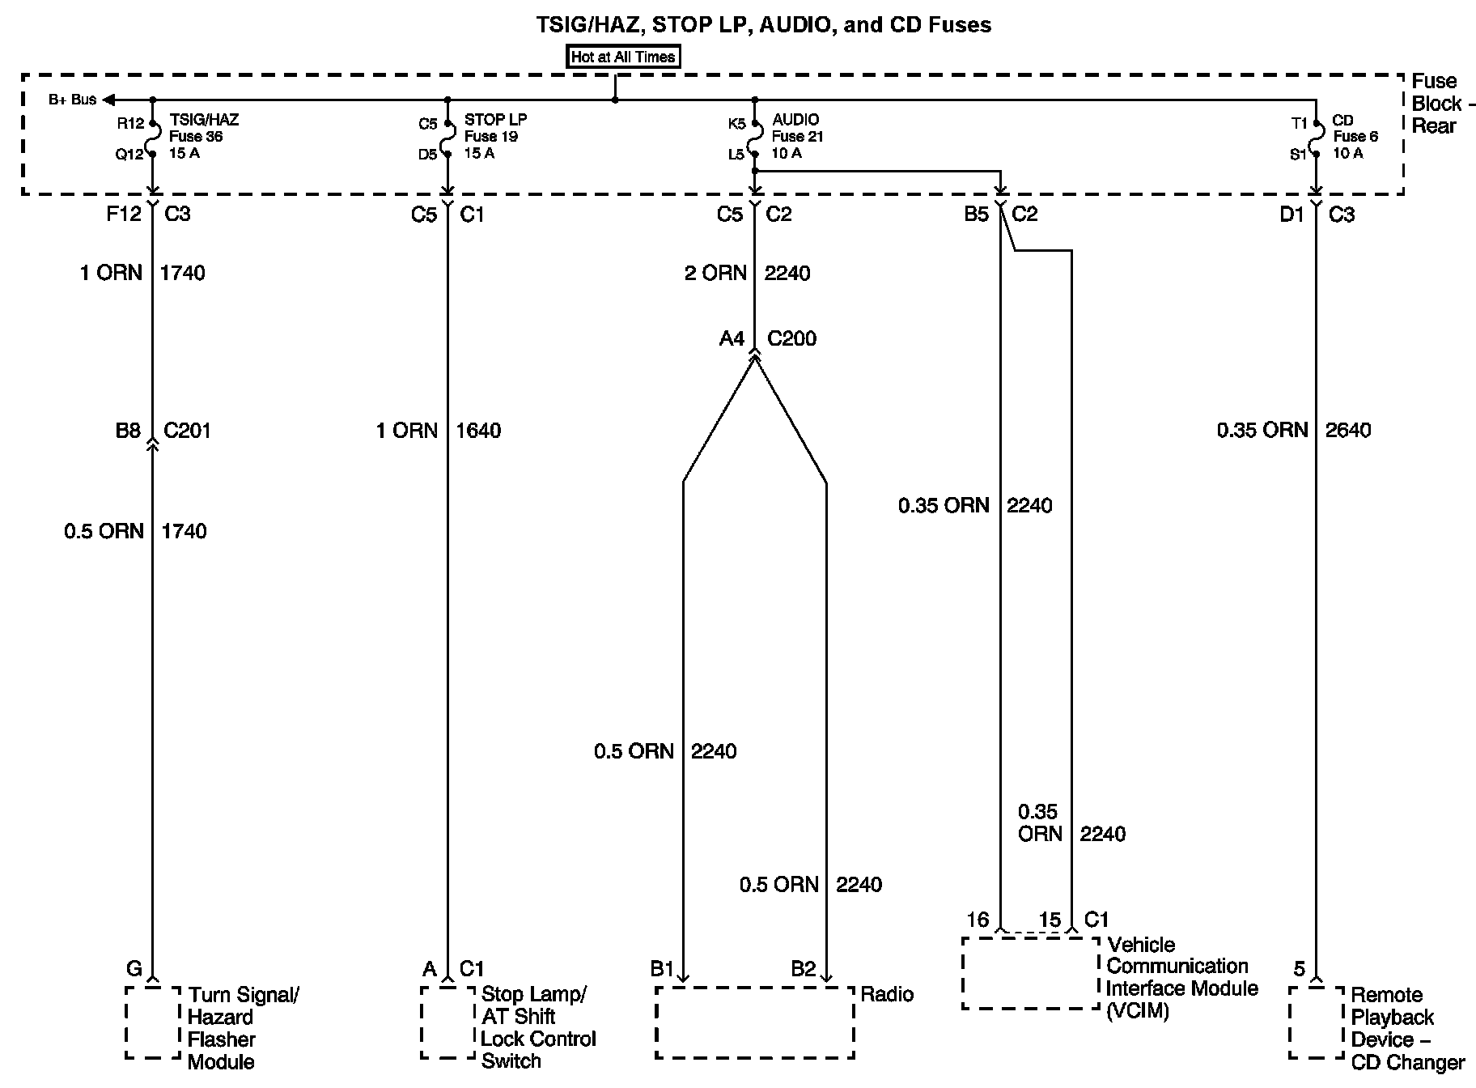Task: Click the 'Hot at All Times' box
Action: (622, 57)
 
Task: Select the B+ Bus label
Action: (72, 100)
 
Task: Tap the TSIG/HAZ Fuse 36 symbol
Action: (153, 138)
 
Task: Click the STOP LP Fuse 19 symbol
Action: (447, 138)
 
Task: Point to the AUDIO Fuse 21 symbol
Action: (754, 138)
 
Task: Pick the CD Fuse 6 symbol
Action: (1317, 138)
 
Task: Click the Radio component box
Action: (754, 1022)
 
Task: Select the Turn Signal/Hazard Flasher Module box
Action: (153, 1022)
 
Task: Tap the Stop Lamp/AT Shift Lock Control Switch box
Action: (447, 1022)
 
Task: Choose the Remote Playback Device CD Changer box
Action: (1317, 1022)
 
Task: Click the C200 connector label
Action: (791, 338)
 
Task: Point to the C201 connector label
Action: (187, 430)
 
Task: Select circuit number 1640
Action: (478, 430)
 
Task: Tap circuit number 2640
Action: (1348, 430)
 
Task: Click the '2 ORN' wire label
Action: (715, 273)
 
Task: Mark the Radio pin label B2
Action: (804, 969)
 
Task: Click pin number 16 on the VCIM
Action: (978, 920)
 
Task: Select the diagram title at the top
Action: (764, 24)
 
